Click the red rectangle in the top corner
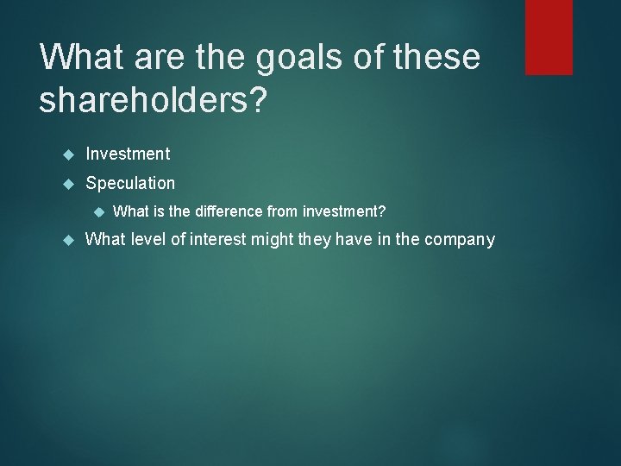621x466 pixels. [549, 36]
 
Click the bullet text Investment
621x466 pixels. [128, 154]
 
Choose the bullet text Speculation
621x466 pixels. [130, 183]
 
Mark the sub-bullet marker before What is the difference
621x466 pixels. [99, 211]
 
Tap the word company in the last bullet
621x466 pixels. [460, 240]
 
